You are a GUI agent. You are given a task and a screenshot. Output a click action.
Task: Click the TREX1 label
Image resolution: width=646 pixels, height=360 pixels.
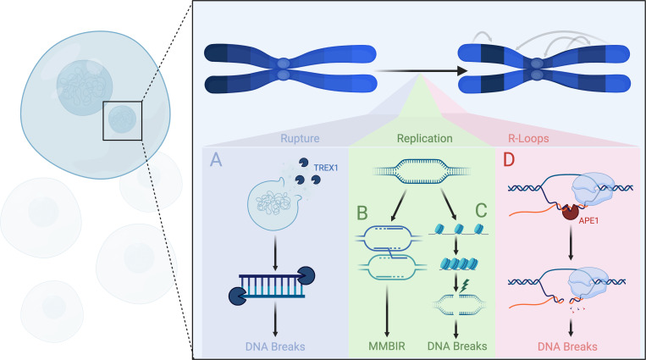pos(325,168)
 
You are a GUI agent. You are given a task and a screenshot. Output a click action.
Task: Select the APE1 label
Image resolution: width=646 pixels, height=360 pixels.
pos(588,220)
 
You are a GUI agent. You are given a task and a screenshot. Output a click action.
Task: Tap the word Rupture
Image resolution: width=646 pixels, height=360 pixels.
pos(300,138)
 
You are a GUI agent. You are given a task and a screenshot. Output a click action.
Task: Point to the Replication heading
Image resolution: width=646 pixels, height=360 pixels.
pos(425,138)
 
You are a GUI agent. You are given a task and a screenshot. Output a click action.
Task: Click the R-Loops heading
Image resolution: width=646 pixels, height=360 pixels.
pos(528,138)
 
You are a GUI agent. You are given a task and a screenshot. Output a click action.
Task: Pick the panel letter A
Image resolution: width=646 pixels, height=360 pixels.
pos(216,159)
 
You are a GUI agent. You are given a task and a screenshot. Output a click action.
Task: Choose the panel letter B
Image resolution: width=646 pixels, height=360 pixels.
pos(362,213)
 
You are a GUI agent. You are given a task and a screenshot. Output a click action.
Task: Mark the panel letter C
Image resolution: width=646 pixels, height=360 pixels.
pos(481,210)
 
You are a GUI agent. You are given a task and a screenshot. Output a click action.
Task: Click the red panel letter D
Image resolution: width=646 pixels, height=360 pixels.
pos(509,159)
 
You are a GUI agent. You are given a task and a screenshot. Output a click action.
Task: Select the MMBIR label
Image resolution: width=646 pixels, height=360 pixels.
pos(387,346)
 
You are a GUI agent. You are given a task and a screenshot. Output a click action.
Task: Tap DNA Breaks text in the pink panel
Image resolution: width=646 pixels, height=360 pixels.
pos(567,346)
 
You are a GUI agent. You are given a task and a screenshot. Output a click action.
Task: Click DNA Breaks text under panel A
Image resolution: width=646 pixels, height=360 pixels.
pos(275,346)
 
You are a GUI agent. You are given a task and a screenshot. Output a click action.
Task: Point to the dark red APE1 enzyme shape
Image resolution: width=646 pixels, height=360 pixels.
pos(571,212)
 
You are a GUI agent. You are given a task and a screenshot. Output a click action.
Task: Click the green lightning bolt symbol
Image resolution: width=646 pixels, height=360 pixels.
pos(464,285)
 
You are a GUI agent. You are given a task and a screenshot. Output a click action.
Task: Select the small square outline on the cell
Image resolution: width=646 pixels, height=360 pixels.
pos(123,121)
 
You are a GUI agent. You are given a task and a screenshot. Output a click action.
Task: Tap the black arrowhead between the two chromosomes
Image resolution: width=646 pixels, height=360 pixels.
pos(461,71)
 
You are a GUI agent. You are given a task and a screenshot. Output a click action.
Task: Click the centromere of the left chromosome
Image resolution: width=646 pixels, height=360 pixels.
pos(284,69)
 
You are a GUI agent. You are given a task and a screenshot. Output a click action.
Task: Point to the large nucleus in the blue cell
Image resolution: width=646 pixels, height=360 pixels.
pos(85,87)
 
